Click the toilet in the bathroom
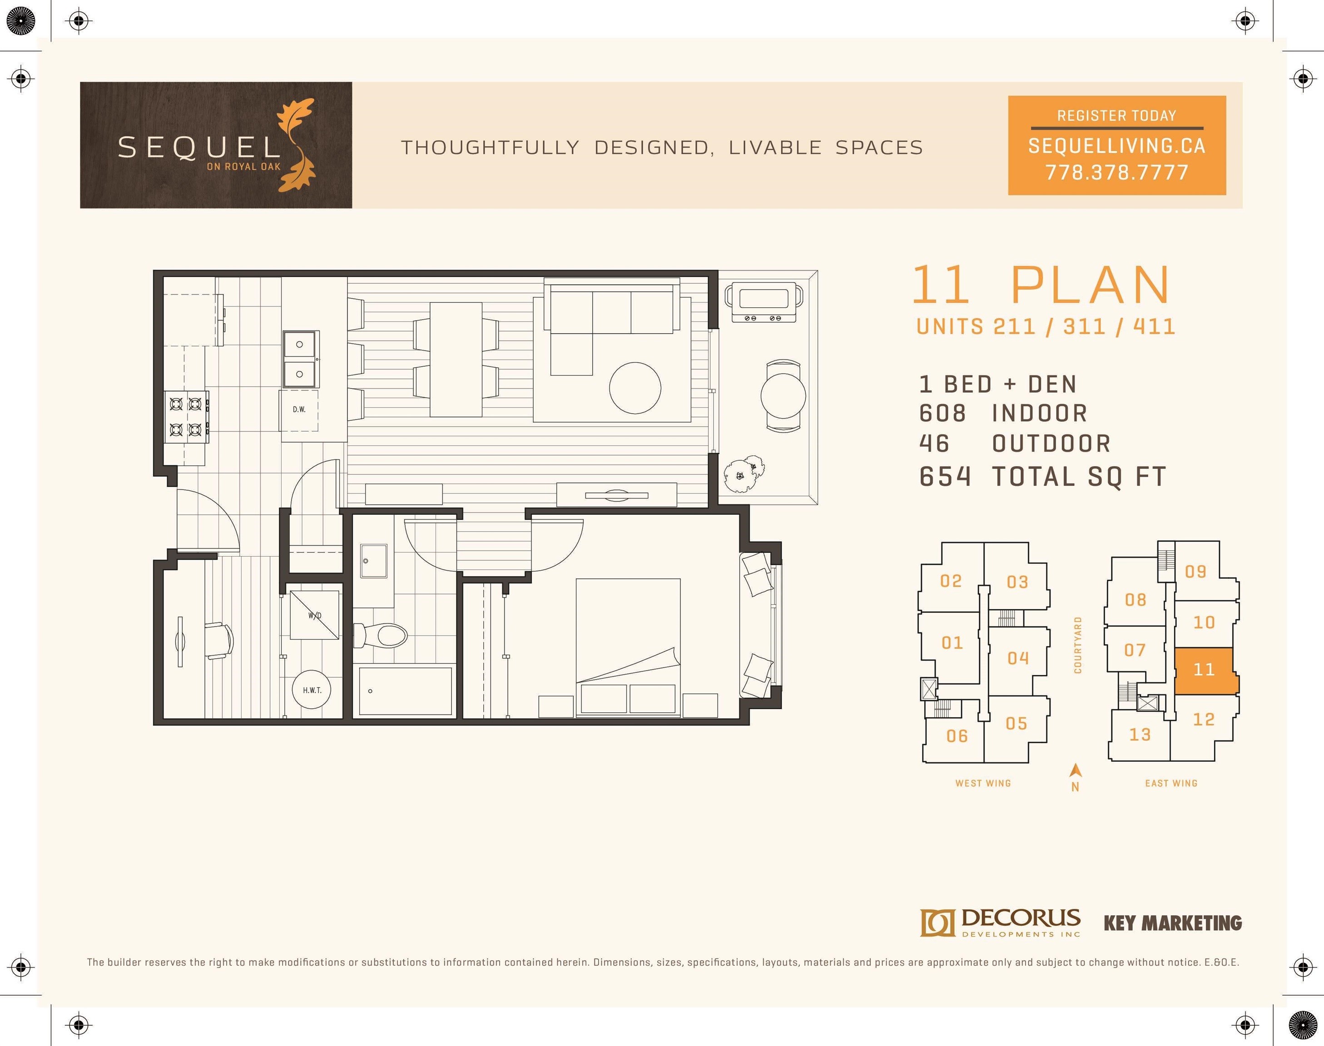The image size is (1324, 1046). click(381, 635)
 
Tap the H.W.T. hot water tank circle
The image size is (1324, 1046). click(312, 690)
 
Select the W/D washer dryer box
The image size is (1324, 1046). click(314, 615)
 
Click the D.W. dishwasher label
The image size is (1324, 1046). click(299, 409)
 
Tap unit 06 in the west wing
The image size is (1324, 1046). click(957, 735)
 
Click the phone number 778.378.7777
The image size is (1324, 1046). click(1117, 172)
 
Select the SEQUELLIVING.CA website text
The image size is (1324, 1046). click(1117, 146)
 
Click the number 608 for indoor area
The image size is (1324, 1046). click(942, 414)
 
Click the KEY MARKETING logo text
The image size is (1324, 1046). click(1173, 923)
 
